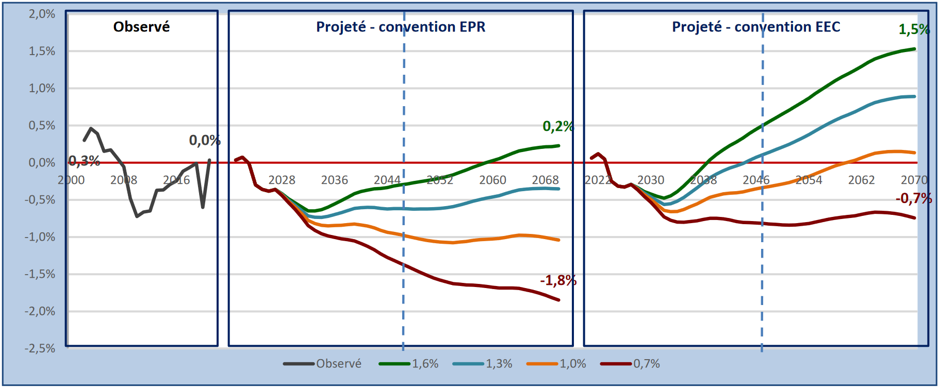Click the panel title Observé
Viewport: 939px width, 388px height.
tap(141, 27)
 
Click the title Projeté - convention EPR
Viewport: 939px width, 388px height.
tap(401, 27)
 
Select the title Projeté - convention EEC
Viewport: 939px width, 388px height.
tap(756, 27)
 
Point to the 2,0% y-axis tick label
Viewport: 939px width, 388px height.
tap(42, 14)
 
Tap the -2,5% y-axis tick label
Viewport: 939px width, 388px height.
tap(40, 348)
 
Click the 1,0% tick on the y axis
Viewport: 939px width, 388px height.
tap(42, 88)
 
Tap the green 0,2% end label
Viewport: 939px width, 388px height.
tap(558, 126)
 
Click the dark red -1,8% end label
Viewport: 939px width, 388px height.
tap(558, 280)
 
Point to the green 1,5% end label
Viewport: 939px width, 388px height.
tap(914, 29)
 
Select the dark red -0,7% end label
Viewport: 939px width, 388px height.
tap(914, 198)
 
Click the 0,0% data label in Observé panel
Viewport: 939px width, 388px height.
tap(205, 140)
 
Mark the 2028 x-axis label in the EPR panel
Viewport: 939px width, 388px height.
tap(282, 180)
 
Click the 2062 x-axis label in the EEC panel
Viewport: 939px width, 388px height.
tap(861, 180)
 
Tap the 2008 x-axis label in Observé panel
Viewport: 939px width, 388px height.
tap(124, 180)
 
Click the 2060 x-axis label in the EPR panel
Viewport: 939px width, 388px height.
tap(492, 180)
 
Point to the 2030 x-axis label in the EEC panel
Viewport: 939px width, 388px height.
tap(650, 180)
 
